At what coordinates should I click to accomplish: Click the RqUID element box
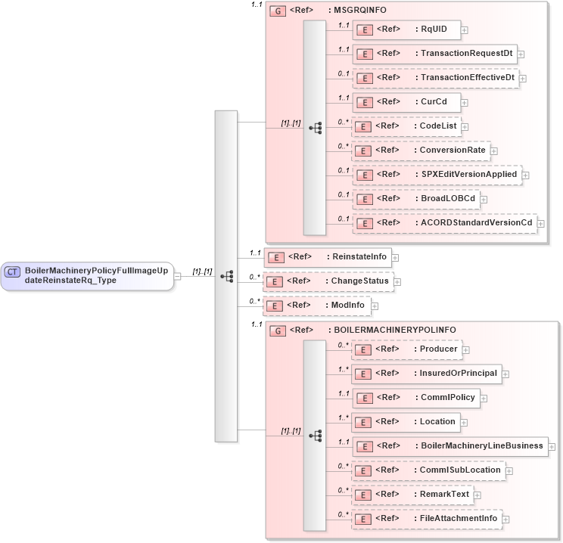click(x=406, y=29)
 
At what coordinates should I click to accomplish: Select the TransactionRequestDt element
click(x=434, y=54)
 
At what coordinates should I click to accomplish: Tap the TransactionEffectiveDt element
click(x=435, y=78)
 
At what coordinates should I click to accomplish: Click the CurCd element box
click(x=406, y=102)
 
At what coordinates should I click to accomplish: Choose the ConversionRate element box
click(x=421, y=150)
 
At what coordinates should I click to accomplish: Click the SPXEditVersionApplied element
click(x=437, y=175)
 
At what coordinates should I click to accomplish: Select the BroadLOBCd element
click(x=416, y=199)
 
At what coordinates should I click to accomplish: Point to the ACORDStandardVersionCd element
click(x=443, y=223)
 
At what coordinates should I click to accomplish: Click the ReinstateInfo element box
click(x=321, y=257)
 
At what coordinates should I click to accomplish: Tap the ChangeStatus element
click(x=322, y=281)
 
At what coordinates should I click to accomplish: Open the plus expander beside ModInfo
click(x=375, y=306)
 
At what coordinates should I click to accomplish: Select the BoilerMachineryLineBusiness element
click(x=449, y=446)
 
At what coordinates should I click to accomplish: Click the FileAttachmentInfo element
click(x=427, y=519)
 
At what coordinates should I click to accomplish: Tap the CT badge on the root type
click(x=13, y=271)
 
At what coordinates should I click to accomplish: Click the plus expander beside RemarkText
click(x=478, y=495)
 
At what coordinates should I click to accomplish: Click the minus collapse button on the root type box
click(x=177, y=276)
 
